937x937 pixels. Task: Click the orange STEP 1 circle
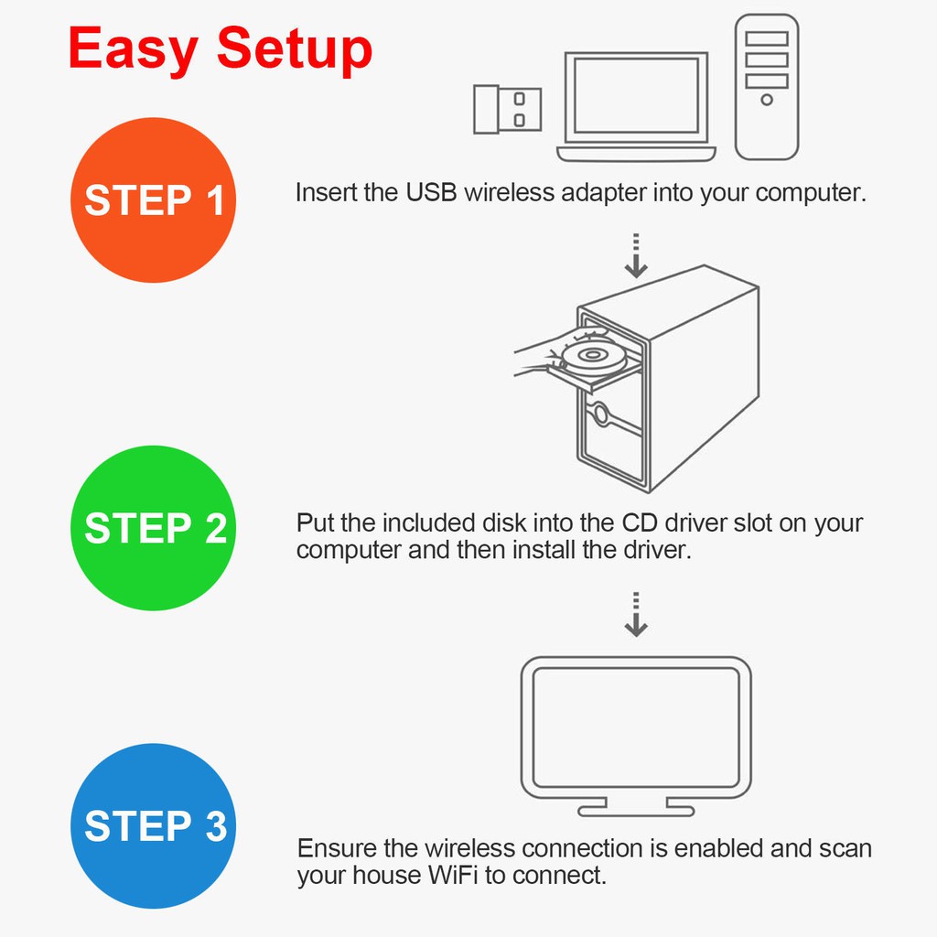click(x=153, y=199)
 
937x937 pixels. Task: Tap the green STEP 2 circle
click(x=153, y=528)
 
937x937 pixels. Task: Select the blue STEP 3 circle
click(x=153, y=826)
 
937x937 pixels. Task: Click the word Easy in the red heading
click(x=133, y=50)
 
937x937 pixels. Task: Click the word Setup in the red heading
click(x=295, y=50)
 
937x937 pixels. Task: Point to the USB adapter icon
click(x=507, y=110)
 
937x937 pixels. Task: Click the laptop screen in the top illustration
click(x=636, y=95)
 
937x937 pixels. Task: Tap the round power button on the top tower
click(x=767, y=100)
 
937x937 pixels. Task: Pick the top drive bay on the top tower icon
click(x=767, y=38)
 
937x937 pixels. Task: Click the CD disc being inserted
click(x=592, y=356)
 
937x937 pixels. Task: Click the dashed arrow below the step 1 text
click(x=636, y=256)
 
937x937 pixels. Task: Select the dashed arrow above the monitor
click(x=636, y=614)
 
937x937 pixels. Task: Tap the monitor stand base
click(x=636, y=811)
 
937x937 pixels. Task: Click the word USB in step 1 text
click(x=432, y=192)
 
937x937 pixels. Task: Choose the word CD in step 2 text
click(x=640, y=522)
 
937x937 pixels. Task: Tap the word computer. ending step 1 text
click(x=811, y=193)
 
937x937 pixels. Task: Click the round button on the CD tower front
click(x=600, y=414)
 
